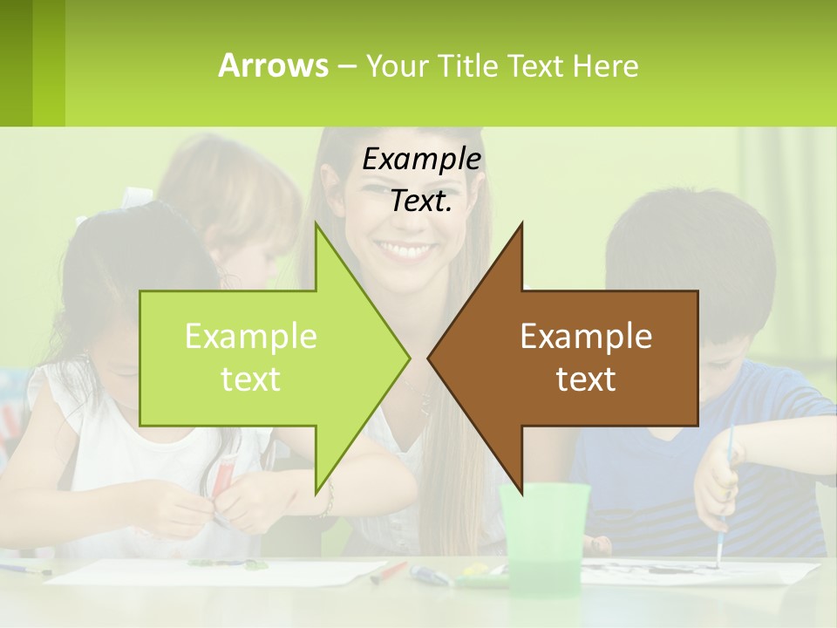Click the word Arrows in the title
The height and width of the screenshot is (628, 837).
[x=273, y=65]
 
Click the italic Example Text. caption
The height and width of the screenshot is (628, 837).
[x=422, y=180]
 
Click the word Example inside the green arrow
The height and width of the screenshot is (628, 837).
[x=251, y=337]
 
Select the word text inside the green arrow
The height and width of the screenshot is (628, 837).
[x=251, y=379]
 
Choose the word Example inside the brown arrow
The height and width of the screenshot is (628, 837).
[x=586, y=337]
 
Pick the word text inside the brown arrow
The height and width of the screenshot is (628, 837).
[x=586, y=379]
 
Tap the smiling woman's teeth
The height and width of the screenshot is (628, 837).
[x=408, y=251]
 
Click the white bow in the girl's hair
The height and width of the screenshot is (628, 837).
[x=135, y=197]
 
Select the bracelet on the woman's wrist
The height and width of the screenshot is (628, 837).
[x=328, y=501]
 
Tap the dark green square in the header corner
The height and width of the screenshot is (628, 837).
[x=16, y=63]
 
